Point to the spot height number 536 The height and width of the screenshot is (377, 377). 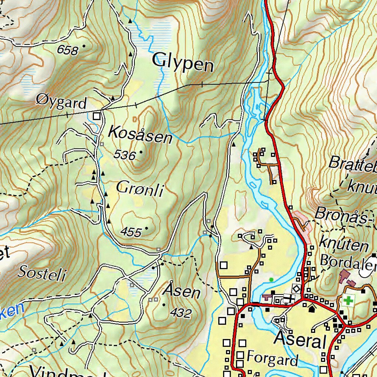pyautogui.click(x=124, y=155)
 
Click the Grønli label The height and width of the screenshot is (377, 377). pyautogui.click(x=140, y=189)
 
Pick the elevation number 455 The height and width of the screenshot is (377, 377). pyautogui.click(x=131, y=232)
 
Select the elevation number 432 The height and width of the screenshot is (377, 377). pyautogui.click(x=181, y=313)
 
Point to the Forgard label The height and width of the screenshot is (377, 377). pyautogui.click(x=272, y=358)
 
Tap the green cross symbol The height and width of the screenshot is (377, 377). pyautogui.click(x=348, y=300)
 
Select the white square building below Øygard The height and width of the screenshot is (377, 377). pyautogui.click(x=96, y=116)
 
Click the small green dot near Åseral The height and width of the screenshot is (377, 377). pyautogui.click(x=272, y=280)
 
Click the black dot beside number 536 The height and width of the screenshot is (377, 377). pyautogui.click(x=141, y=151)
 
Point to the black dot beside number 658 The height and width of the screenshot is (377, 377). pyautogui.click(x=84, y=46)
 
